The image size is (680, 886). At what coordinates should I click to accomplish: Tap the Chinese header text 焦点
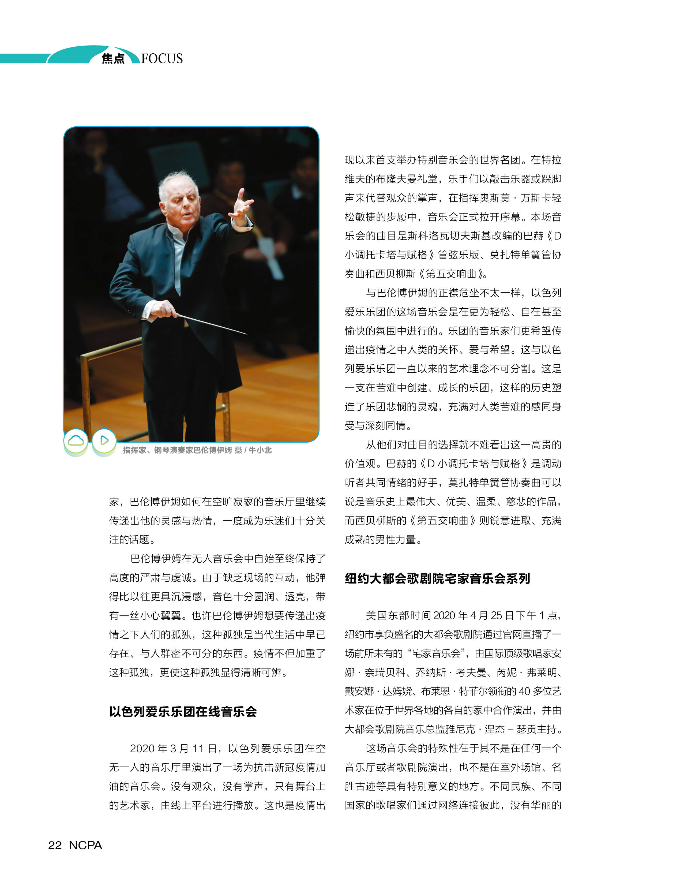pyautogui.click(x=113, y=59)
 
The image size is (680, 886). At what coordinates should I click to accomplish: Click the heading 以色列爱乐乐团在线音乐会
pyautogui.click(x=183, y=712)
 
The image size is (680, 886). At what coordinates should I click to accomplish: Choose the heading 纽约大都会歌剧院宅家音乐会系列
pyautogui.click(x=437, y=578)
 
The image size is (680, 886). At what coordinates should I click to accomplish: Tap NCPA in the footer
pyautogui.click(x=85, y=845)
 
